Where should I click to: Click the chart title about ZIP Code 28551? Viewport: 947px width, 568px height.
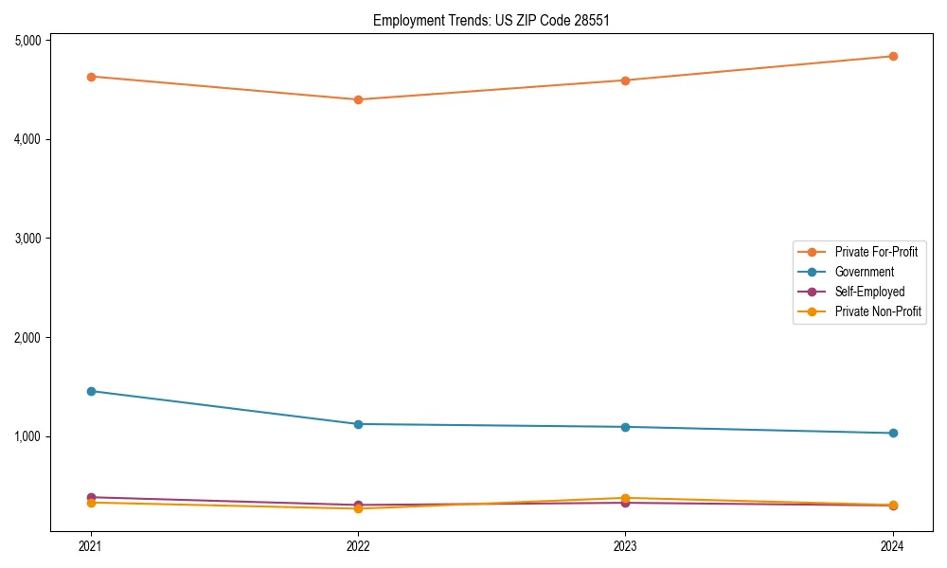click(x=484, y=20)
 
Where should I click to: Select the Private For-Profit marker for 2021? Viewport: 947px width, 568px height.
click(x=91, y=77)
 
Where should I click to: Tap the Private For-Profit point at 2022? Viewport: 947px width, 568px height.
click(x=358, y=99)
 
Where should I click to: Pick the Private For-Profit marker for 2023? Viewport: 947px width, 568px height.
click(x=626, y=80)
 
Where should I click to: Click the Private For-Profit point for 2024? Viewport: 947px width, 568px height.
click(x=893, y=56)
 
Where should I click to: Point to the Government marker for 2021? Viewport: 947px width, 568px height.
click(x=91, y=391)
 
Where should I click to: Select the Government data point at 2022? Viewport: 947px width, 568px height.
click(x=358, y=424)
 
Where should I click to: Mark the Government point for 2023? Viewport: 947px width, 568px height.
click(x=626, y=427)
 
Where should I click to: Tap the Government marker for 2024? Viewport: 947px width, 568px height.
click(x=893, y=434)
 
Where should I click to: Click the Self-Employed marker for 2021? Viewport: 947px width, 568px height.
click(x=91, y=497)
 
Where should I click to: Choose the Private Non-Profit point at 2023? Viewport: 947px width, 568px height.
click(x=626, y=498)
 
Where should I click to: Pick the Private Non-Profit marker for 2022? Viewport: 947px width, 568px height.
click(x=358, y=509)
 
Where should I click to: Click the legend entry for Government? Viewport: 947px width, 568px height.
click(x=864, y=272)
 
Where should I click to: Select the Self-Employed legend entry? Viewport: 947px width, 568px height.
click(x=869, y=292)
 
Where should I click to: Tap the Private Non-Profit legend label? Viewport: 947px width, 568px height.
click(x=878, y=311)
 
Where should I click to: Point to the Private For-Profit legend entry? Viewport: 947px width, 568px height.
click(x=876, y=252)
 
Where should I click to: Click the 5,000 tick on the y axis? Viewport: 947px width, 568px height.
click(x=27, y=41)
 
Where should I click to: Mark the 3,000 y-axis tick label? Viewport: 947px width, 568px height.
click(x=27, y=239)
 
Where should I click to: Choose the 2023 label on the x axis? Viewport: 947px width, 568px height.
click(x=626, y=546)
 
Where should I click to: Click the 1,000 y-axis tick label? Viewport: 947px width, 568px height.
click(x=27, y=436)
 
